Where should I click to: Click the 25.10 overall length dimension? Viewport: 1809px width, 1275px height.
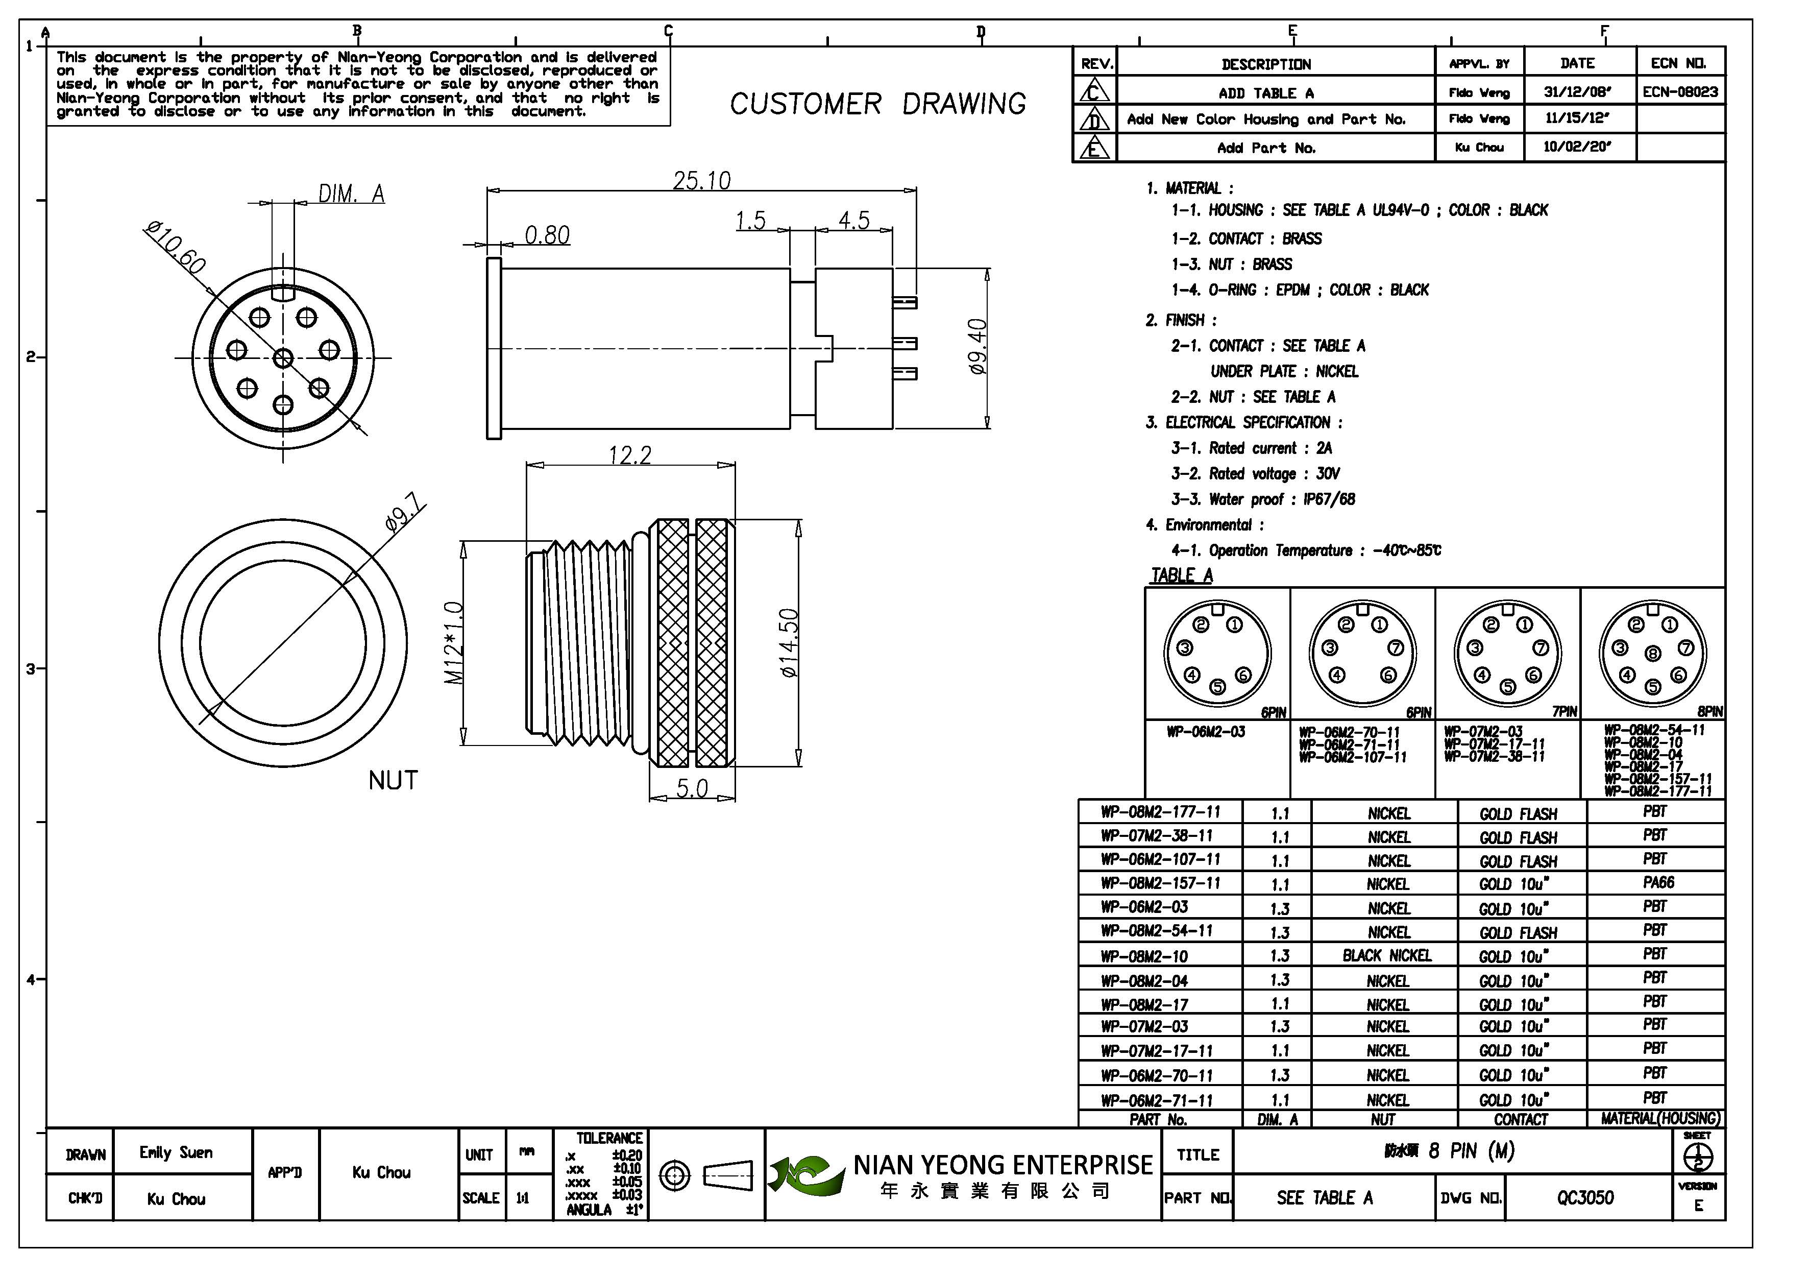[x=701, y=181]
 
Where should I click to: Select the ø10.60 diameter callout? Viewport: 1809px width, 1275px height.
[x=175, y=248]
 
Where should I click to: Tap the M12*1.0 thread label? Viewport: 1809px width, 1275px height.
[x=454, y=642]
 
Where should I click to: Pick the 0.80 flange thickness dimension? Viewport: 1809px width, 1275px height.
[x=547, y=235]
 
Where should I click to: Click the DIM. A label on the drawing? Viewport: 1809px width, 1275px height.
[x=351, y=194]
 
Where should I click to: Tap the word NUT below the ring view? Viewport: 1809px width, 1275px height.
[x=393, y=781]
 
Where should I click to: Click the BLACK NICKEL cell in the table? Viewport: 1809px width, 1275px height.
[x=1387, y=956]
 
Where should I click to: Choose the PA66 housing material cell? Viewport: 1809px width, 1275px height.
[x=1658, y=882]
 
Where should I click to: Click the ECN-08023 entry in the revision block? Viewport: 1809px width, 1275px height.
[x=1680, y=91]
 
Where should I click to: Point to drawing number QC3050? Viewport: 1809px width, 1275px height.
[x=1584, y=1198]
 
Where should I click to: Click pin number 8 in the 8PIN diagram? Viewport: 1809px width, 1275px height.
[x=1653, y=653]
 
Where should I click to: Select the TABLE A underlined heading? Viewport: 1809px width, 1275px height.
[x=1181, y=575]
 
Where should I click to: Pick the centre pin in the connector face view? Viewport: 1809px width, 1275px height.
[x=283, y=358]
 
